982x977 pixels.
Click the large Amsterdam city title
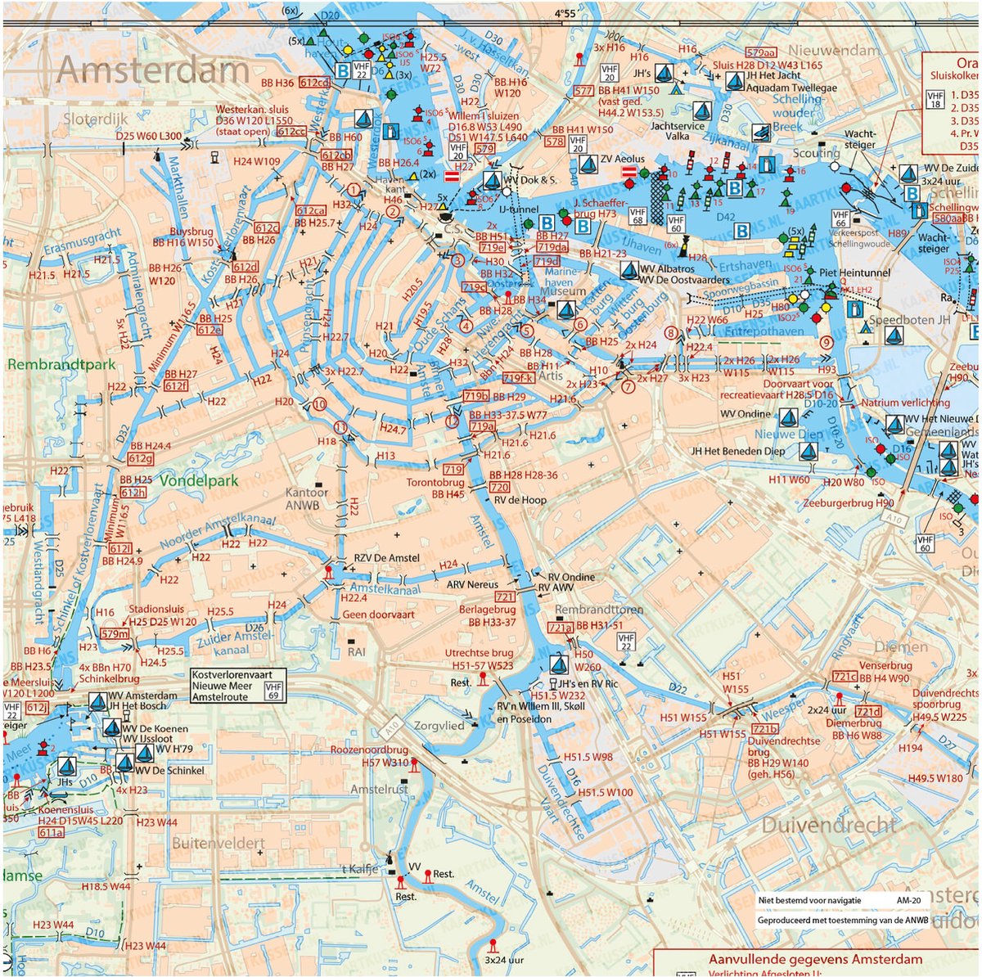tap(152, 71)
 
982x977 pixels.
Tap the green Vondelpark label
tap(199, 481)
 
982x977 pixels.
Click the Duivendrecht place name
tap(829, 825)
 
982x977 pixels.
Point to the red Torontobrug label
tap(435, 483)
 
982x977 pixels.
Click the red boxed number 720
tap(498, 488)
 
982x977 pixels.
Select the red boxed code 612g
tap(140, 458)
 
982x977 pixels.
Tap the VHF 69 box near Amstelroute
tap(274, 691)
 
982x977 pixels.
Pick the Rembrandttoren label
tap(599, 610)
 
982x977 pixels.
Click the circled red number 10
tap(319, 404)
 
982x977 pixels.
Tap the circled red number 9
tap(826, 342)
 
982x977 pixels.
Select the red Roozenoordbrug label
tap(369, 750)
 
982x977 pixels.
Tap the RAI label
tap(357, 652)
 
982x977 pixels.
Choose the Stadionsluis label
tap(157, 610)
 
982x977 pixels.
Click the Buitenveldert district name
tap(218, 843)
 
